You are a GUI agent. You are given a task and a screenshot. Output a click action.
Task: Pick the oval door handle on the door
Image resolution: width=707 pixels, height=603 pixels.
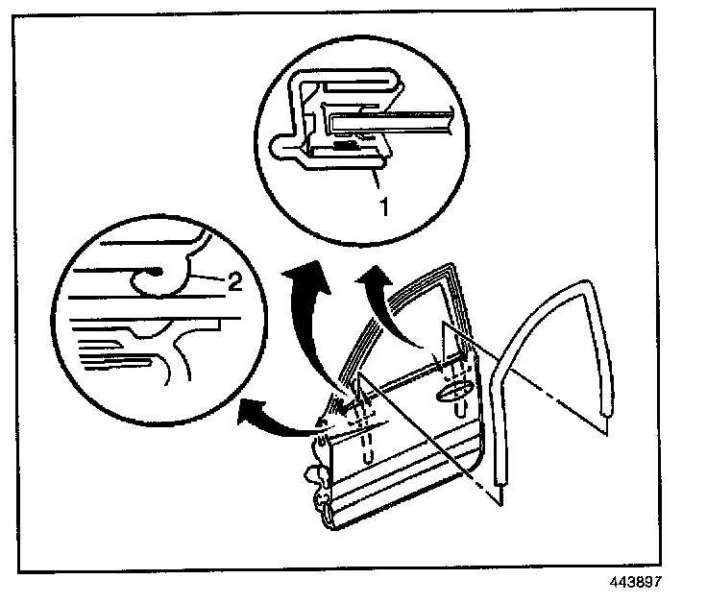(x=454, y=391)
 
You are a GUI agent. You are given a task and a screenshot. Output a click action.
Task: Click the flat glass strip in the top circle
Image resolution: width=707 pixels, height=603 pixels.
(x=403, y=120)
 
